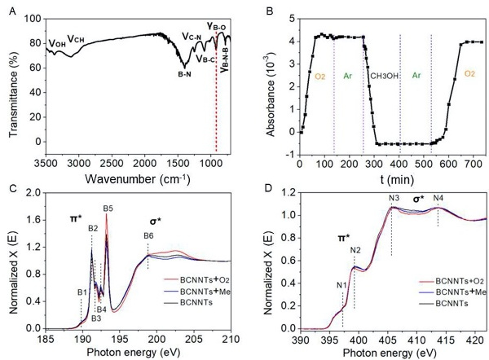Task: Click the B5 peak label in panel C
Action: pyautogui.click(x=108, y=209)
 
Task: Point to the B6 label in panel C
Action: pyautogui.click(x=148, y=236)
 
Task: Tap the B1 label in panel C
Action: pyautogui.click(x=81, y=291)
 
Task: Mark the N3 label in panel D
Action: pyautogui.click(x=394, y=199)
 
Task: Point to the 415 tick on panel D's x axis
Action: pyautogui.click(x=447, y=337)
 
